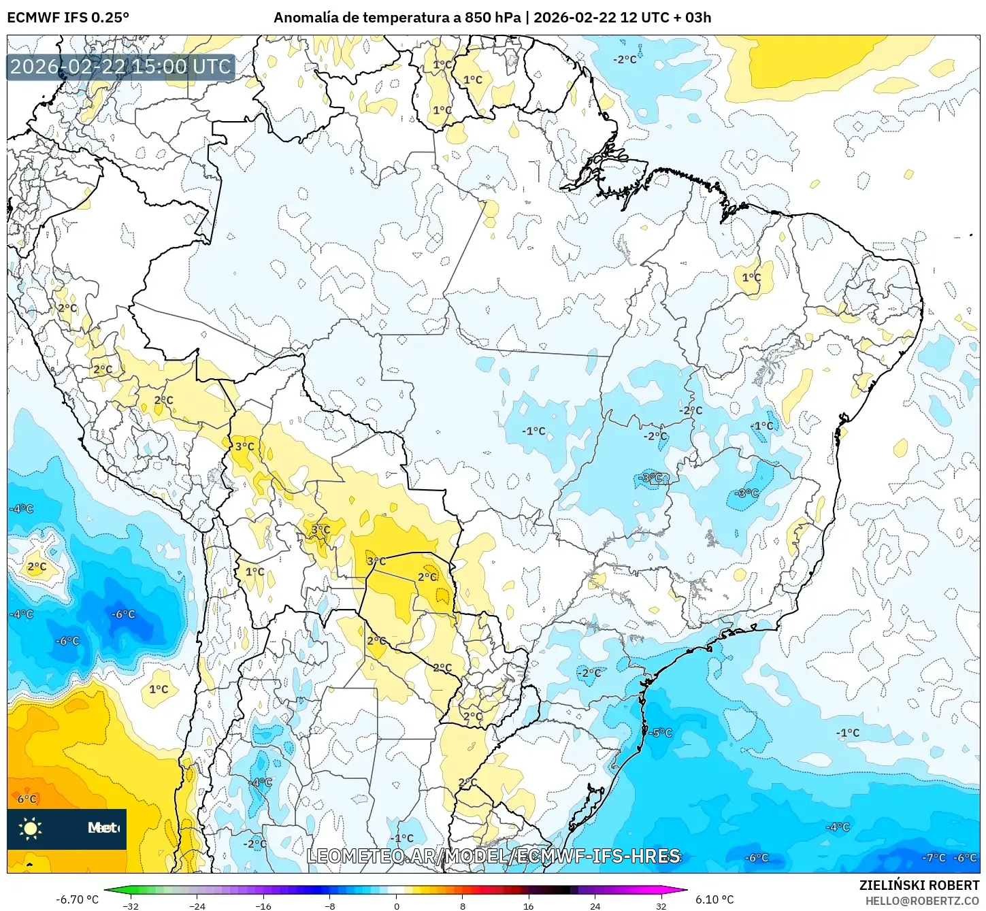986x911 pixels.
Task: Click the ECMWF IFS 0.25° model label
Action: click(68, 18)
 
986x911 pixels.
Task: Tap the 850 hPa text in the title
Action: click(492, 18)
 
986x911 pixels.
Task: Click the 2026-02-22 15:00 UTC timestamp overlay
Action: click(120, 67)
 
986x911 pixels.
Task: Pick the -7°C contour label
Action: click(934, 858)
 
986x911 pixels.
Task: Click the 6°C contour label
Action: click(27, 799)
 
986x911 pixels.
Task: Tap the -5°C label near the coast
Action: click(660, 733)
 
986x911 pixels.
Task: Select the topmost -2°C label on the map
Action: click(624, 60)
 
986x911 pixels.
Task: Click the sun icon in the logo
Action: click(31, 828)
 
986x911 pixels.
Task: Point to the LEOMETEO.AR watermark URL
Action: click(493, 856)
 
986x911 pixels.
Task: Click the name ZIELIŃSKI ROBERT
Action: click(919, 885)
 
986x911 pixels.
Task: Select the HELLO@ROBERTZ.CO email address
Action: click(922, 901)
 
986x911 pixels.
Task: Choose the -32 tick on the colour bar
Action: click(130, 906)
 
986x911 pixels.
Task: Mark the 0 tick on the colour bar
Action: click(396, 906)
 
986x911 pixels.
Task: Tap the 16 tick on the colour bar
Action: click(529, 906)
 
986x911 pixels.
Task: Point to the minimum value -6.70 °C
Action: click(77, 899)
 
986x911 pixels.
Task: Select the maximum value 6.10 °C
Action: click(714, 899)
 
